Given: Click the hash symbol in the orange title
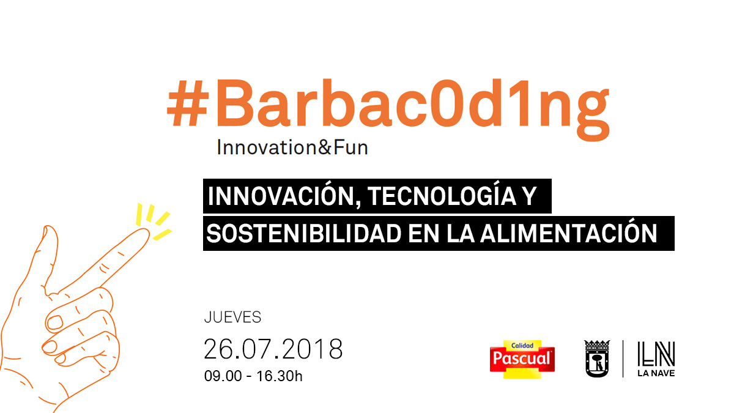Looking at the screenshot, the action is click(x=188, y=103).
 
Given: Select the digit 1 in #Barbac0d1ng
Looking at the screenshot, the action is click(x=516, y=103).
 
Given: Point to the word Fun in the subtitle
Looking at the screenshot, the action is click(x=351, y=147).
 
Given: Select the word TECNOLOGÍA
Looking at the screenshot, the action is click(x=442, y=196).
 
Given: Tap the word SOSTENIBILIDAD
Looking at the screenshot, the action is click(x=304, y=233).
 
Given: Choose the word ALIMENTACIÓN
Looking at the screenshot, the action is click(x=568, y=232).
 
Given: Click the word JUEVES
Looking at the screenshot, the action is click(x=232, y=318).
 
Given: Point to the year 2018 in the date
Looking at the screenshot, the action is click(x=312, y=349).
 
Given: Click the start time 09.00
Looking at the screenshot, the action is click(x=223, y=376).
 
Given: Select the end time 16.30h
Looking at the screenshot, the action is click(x=279, y=376).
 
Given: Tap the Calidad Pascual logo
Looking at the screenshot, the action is click(x=522, y=359).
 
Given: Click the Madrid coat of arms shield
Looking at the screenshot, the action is click(x=597, y=359).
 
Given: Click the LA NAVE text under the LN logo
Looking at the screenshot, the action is click(x=656, y=373).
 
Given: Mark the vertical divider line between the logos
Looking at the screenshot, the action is click(x=623, y=359).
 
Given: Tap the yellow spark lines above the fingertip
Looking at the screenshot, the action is click(x=154, y=221).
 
